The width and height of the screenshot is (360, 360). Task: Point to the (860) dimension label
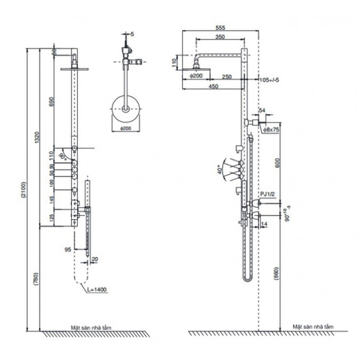[277, 274]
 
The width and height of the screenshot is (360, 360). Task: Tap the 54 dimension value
[262, 110]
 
